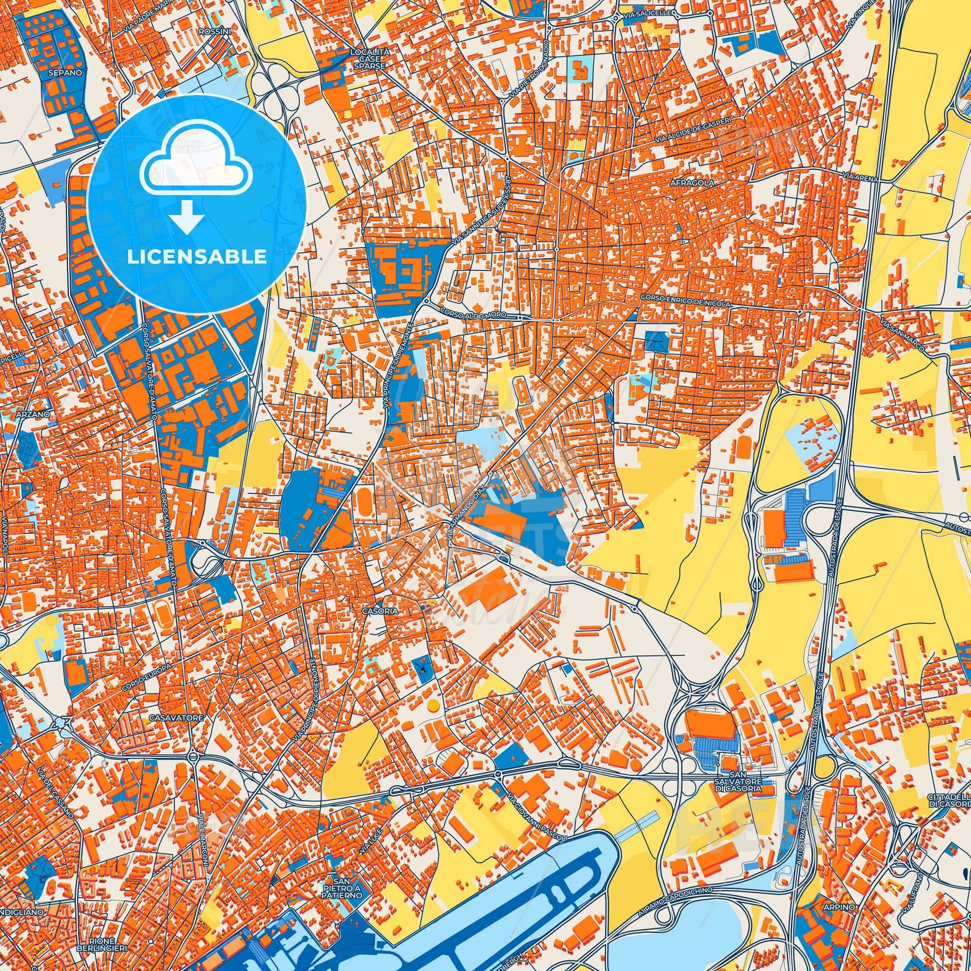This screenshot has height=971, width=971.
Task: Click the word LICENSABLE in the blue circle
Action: point(197,257)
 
